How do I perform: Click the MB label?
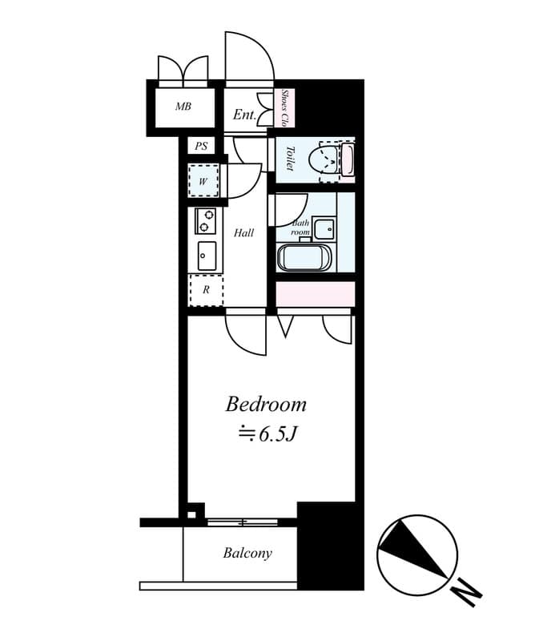[183, 107]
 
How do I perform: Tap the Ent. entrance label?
[244, 115]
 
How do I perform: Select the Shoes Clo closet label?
[284, 107]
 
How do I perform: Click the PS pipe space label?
[201, 146]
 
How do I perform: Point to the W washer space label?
[203, 182]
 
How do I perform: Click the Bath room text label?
[300, 228]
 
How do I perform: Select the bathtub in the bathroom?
[304, 257]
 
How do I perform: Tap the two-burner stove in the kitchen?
[206, 220]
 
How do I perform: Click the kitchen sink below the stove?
[206, 255]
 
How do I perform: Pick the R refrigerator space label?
[206, 290]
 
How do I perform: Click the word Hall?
[243, 233]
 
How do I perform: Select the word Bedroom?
[266, 404]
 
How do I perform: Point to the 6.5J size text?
[273, 434]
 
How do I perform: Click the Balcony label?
[247, 553]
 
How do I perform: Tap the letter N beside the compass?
[466, 594]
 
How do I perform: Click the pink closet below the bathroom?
[315, 293]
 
